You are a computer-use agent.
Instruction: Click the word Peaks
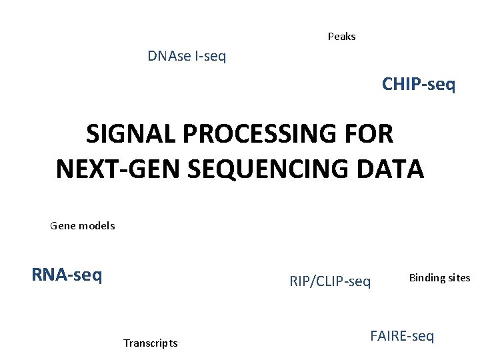(x=341, y=37)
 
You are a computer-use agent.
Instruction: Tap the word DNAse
(x=169, y=57)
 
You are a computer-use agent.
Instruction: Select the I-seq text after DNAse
(x=210, y=57)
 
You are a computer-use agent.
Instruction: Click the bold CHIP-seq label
(x=419, y=85)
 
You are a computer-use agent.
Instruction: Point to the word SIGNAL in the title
(x=130, y=135)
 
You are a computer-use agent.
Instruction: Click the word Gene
(x=63, y=226)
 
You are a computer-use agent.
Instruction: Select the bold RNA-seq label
(x=67, y=275)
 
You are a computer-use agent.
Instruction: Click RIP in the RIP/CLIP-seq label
(x=299, y=281)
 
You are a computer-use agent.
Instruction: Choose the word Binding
(x=427, y=278)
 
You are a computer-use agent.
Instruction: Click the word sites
(x=459, y=278)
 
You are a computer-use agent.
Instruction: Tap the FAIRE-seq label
(x=402, y=336)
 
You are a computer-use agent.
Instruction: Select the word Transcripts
(x=150, y=343)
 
